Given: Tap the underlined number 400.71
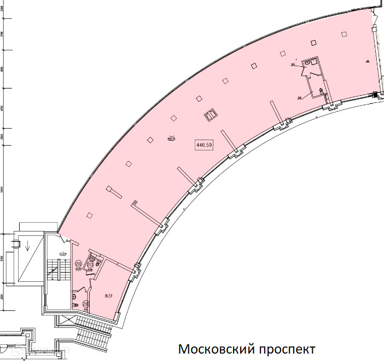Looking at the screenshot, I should click(x=171, y=138).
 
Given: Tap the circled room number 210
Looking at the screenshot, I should click(x=85, y=304).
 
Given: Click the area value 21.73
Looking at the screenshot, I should click(x=108, y=296).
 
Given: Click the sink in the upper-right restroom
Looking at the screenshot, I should click(x=308, y=64).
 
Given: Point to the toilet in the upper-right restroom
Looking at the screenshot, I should click(x=321, y=91).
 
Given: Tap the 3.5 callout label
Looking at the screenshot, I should click(x=293, y=64).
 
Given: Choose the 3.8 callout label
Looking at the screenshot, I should click(x=300, y=98).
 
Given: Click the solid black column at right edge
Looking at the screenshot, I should click(x=375, y=94).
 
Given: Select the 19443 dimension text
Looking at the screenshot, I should click(x=3, y=189).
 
